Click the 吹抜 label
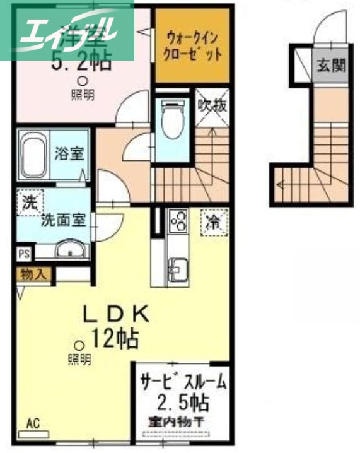coord(211,102)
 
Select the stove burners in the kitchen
coord(177,223)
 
